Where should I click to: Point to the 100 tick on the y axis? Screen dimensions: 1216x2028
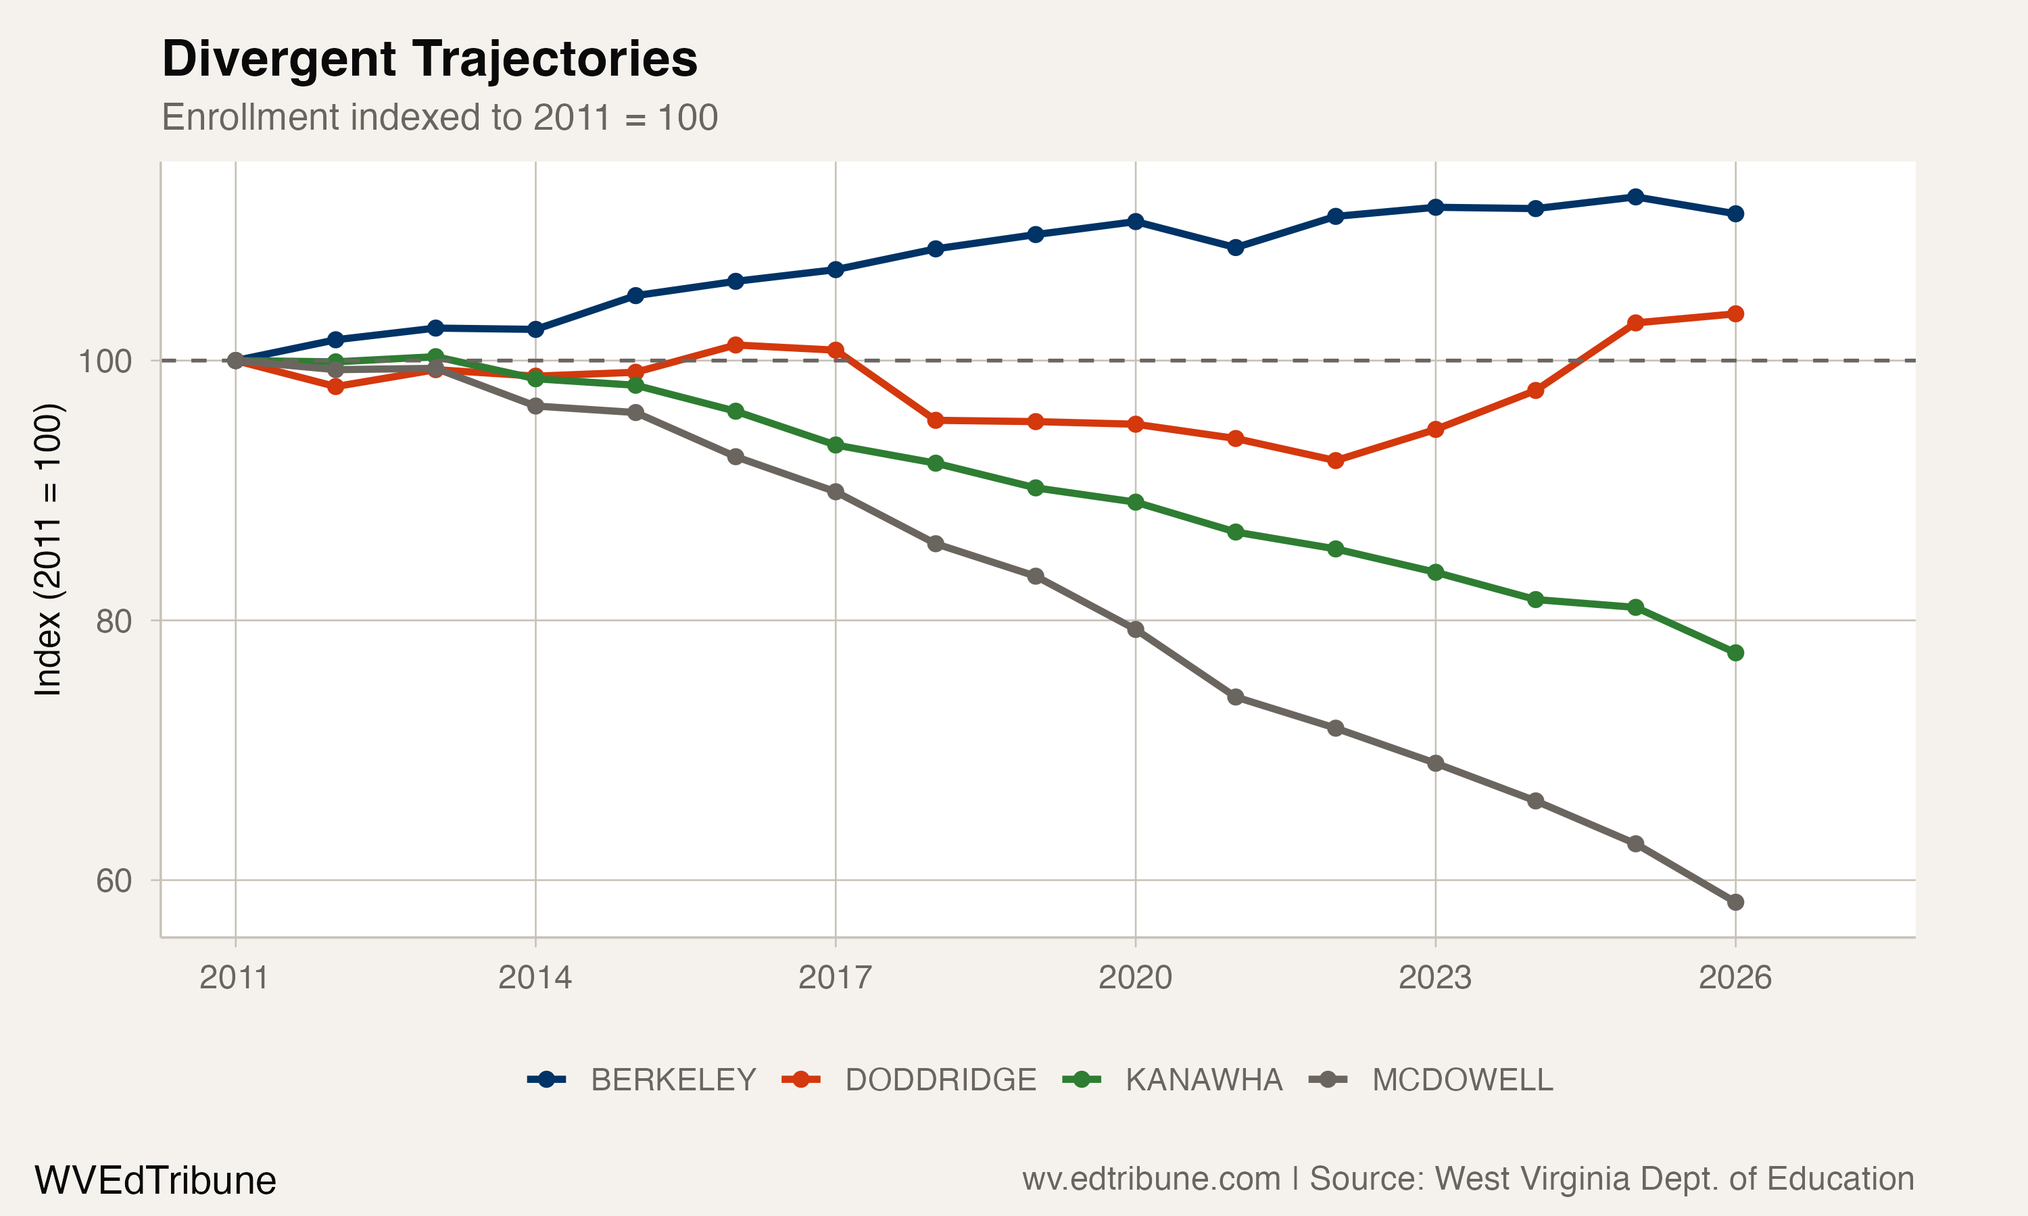pos(105,361)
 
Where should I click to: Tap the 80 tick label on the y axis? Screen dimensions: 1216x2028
pos(113,621)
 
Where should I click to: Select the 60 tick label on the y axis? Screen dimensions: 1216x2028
pos(113,881)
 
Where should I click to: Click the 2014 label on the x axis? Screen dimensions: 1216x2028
pos(535,978)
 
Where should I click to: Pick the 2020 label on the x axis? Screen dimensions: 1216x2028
pos(1135,978)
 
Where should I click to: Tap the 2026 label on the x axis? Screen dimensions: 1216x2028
pos(1735,978)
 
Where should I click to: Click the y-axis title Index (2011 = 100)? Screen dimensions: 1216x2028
pos(47,549)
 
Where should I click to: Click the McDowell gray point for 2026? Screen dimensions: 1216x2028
pos(1735,902)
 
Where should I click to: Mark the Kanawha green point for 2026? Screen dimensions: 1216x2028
pos(1735,653)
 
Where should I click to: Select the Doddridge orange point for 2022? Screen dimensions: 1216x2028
pos(1335,461)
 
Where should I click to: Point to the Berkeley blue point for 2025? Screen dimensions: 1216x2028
pos(1635,197)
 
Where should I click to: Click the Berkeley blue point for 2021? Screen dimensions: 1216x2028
pos(1235,247)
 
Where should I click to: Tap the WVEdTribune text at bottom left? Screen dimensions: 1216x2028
pos(155,1181)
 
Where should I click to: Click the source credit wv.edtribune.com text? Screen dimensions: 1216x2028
pos(1468,1179)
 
